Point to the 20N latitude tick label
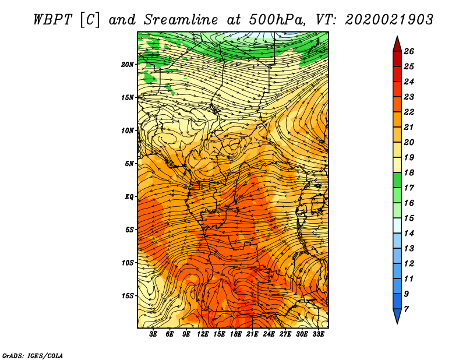point(128,64)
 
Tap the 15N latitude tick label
point(128,97)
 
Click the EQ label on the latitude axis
point(129,196)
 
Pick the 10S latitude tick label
point(128,263)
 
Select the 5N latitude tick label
point(129,164)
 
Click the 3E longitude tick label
point(154,334)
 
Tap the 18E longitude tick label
point(236,334)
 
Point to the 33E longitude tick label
point(318,334)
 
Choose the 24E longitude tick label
point(269,334)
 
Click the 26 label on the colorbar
point(408,51)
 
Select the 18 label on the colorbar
point(408,172)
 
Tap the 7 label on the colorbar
point(406,309)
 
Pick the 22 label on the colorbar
point(408,112)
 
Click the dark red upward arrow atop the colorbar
point(397,44)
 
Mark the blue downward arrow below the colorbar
point(397,316)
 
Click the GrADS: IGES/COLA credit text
point(33,355)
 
